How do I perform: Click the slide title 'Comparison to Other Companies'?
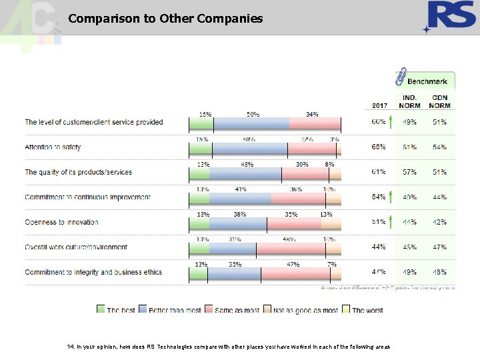pos(165,19)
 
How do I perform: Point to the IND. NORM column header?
pos(409,101)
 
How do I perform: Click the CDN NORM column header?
pos(439,101)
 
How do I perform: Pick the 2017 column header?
pos(379,105)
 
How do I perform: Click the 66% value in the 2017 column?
pos(378,123)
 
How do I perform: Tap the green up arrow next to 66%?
pos(391,123)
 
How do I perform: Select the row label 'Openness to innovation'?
pos(61,222)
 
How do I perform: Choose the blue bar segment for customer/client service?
pos(251,123)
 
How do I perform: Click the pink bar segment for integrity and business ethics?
pos(293,273)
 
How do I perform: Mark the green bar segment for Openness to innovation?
pos(199,223)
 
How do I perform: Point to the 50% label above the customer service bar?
pos(253,114)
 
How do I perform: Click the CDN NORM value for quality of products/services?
pos(439,172)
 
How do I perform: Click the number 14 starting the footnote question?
pos(70,347)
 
